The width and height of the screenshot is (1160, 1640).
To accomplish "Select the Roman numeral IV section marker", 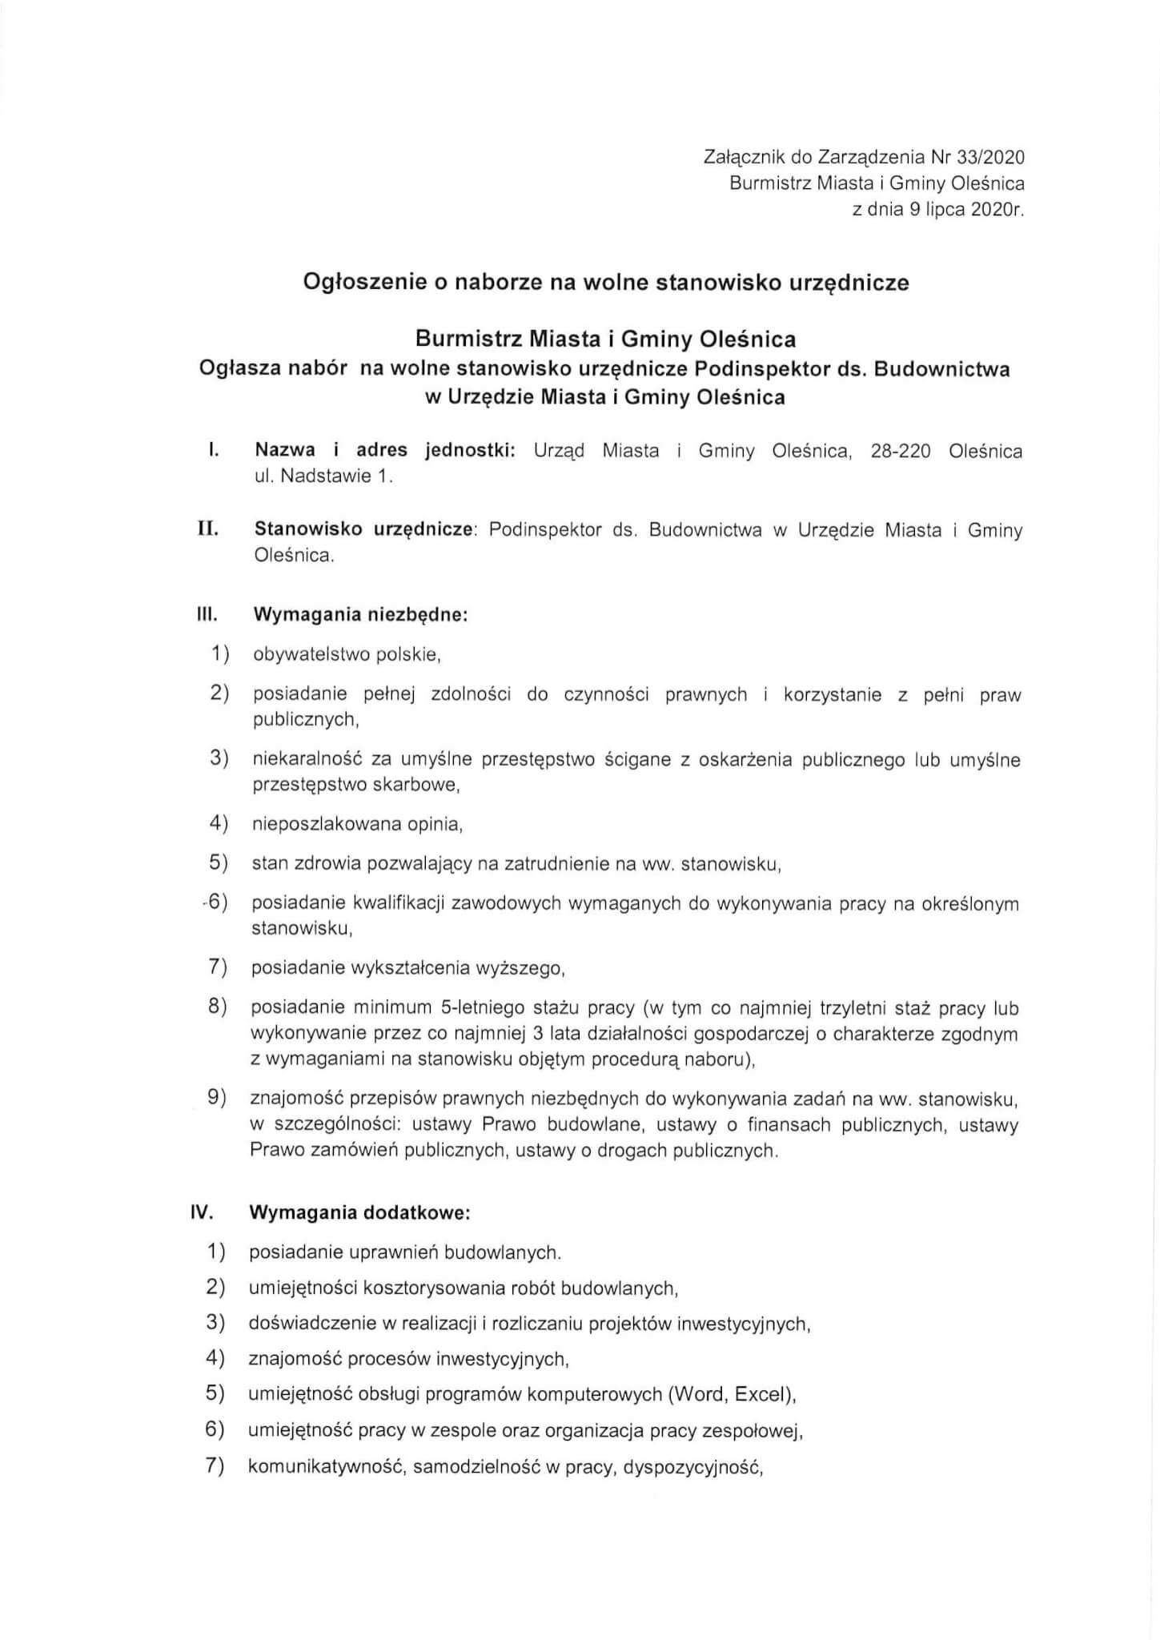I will pos(202,1212).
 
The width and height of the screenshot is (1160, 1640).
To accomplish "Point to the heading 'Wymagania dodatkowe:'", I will pos(359,1213).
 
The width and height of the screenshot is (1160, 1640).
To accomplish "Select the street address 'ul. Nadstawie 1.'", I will pos(323,476).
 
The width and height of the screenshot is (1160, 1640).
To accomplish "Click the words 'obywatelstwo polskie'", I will pos(346,655).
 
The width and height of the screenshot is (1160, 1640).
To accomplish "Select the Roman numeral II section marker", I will pos(208,530).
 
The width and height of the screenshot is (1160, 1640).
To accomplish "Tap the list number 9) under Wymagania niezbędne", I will pos(217,1098).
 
